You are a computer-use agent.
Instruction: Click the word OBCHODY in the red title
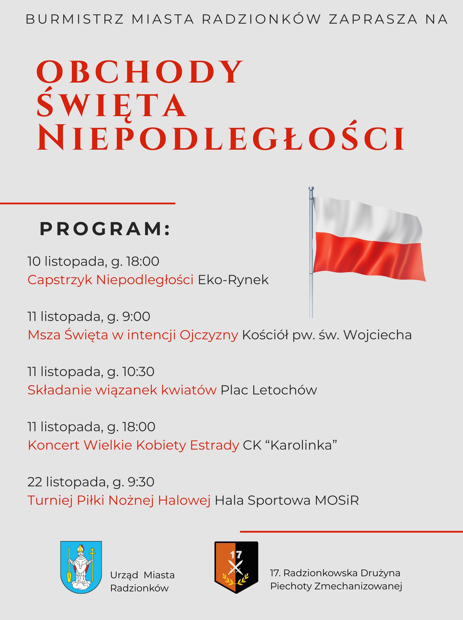point(139,72)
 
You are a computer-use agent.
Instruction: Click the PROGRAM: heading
point(105,229)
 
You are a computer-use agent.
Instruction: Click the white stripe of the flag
point(365,217)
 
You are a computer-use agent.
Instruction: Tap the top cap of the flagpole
point(311,189)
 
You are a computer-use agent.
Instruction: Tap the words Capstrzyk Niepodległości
point(110,280)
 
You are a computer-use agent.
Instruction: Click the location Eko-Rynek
point(233,280)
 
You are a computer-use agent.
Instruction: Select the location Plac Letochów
point(268,390)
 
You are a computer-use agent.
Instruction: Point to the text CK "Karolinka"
point(290,445)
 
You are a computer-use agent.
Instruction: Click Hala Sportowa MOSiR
point(286,500)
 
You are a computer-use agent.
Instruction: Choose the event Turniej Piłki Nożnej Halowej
point(119,500)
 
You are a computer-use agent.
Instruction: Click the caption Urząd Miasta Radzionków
point(142,581)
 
